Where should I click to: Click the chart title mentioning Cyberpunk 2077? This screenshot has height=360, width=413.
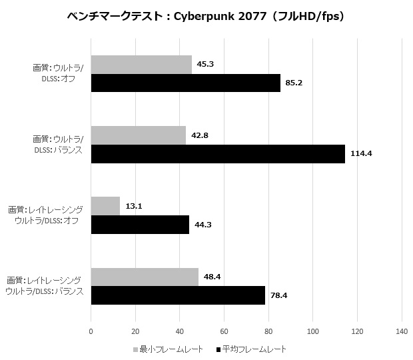[x=206, y=15]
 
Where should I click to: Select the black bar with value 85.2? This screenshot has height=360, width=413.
[x=185, y=83]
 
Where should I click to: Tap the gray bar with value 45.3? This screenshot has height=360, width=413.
[x=141, y=65]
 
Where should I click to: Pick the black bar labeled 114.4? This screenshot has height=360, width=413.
[x=218, y=153]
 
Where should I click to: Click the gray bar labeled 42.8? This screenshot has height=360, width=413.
[x=138, y=135]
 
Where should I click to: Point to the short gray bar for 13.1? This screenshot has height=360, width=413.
[x=105, y=206]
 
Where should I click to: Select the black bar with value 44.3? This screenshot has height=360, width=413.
[x=140, y=225]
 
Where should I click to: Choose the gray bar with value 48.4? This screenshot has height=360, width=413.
[x=145, y=277]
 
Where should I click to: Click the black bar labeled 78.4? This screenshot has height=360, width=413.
[x=178, y=295]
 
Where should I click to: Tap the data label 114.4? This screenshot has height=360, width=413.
[x=360, y=153]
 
